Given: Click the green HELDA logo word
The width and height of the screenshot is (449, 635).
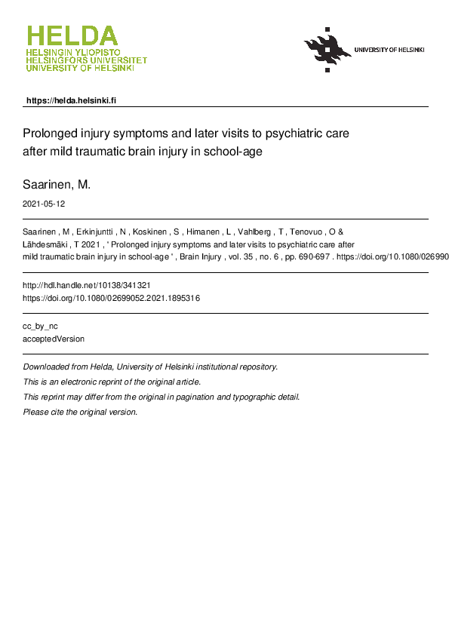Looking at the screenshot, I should pos(72,35).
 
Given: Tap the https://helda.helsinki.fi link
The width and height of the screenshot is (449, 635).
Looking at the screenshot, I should pos(71,100).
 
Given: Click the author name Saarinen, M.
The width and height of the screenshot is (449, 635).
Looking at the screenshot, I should pos(57,185).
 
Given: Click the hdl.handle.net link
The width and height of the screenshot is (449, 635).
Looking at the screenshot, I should pos(91,286).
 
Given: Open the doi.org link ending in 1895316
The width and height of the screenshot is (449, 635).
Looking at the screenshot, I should pos(112,298).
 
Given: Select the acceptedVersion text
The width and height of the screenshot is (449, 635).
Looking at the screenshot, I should pos(54,339).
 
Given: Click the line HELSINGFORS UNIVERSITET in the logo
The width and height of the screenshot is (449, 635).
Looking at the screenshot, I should pos(86,60).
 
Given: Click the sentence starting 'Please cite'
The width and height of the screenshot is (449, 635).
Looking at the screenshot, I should pos(81,412).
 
